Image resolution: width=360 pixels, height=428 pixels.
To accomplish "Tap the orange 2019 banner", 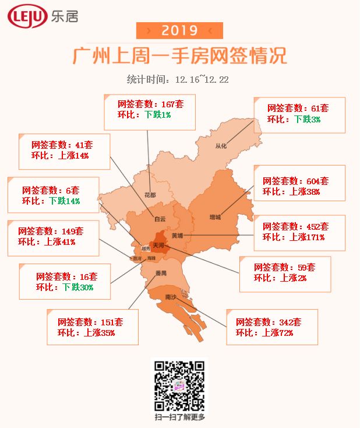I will [x=179, y=30].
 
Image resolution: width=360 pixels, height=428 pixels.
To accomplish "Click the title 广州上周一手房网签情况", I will [x=179, y=57].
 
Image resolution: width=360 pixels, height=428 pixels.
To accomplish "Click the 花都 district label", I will [x=150, y=195].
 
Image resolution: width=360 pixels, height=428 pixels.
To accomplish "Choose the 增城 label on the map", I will [x=216, y=217].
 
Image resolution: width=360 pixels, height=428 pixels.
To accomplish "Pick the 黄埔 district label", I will [x=177, y=236].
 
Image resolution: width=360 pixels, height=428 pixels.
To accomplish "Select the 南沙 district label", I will [x=171, y=297].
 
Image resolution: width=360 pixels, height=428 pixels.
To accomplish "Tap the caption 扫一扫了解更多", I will [x=179, y=417].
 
